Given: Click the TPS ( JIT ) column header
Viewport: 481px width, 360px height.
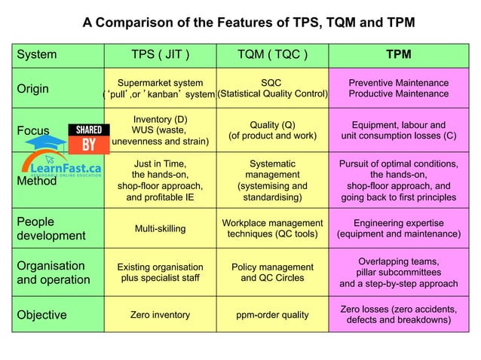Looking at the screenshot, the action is (160, 54).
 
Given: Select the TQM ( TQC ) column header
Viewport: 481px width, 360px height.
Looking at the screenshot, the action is (272, 54).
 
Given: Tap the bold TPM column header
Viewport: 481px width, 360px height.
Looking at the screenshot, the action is (398, 54).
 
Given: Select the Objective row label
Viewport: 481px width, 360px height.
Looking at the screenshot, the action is (41, 314).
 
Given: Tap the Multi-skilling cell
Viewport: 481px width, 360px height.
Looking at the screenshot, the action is (160, 228).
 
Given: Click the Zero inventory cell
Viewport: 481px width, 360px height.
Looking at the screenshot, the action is (160, 314).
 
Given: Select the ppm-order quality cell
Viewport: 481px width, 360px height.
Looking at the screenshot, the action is (272, 314).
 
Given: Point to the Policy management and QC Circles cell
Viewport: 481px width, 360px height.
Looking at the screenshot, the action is (272, 273).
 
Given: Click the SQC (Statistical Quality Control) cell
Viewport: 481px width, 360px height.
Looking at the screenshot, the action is (272, 88).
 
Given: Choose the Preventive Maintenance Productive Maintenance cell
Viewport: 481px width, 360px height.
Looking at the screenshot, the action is (398, 88).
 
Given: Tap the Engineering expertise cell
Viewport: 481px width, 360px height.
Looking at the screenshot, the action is (398, 228).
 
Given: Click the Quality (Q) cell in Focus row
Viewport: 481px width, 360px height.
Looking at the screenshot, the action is (272, 131).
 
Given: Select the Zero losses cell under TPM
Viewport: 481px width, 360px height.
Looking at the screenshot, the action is (398, 315).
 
